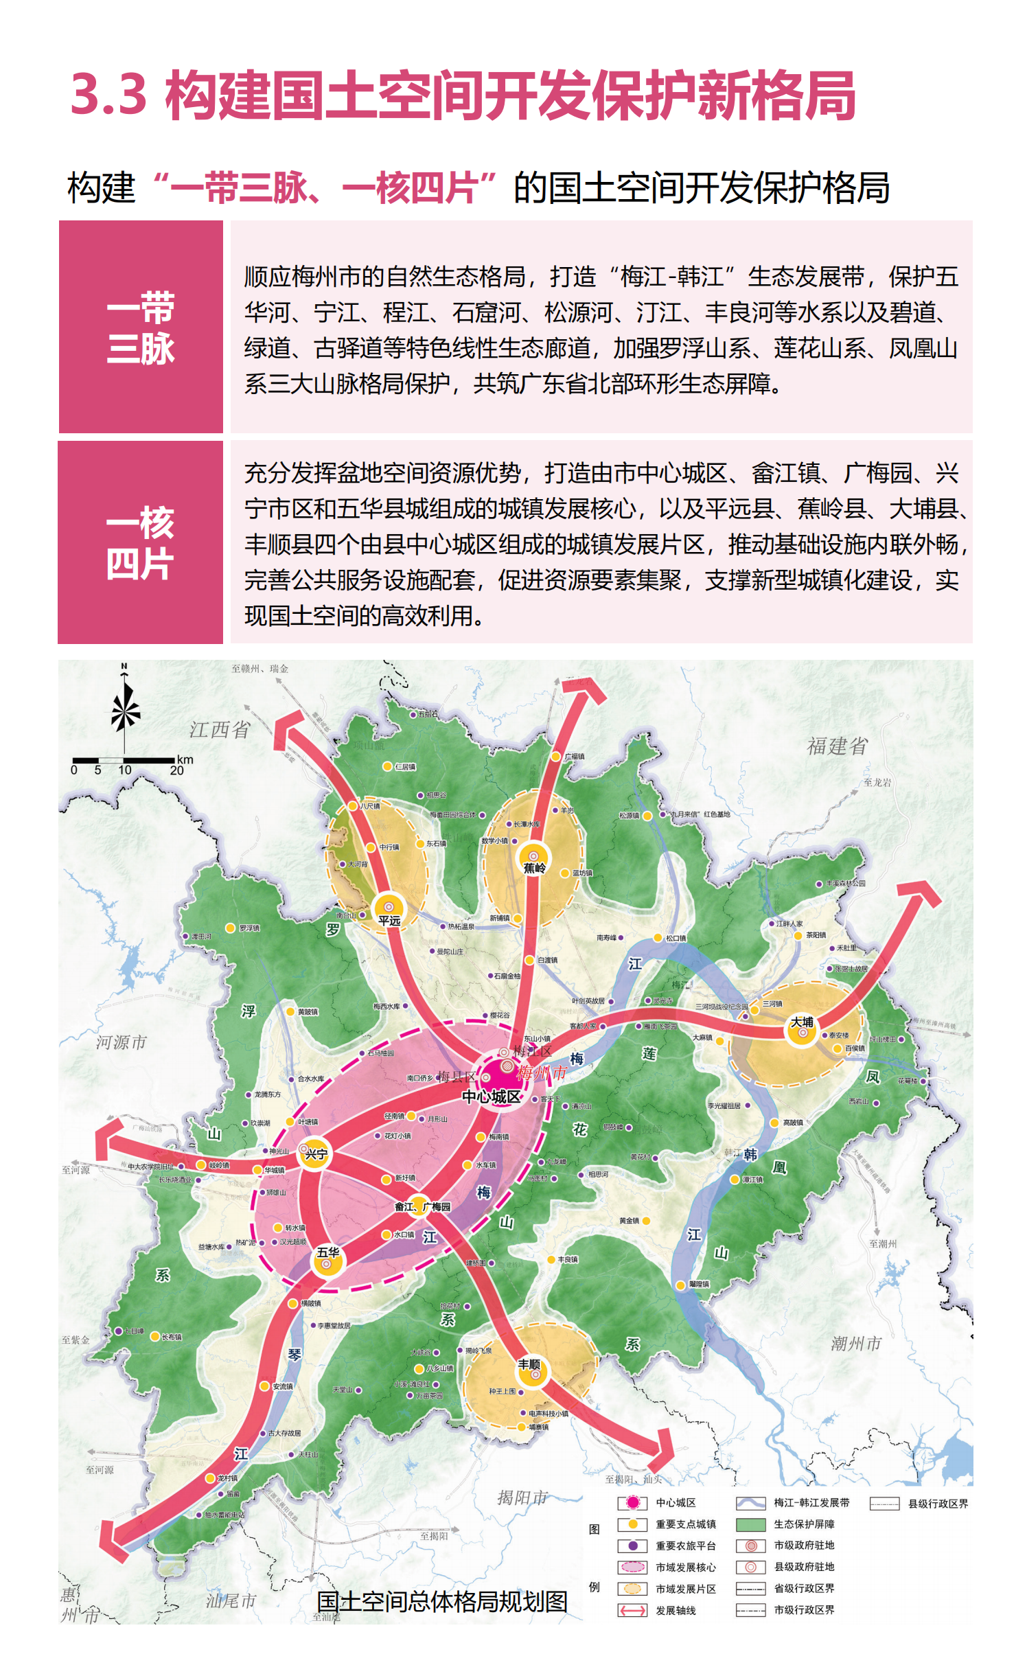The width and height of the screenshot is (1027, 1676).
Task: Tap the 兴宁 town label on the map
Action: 316,1154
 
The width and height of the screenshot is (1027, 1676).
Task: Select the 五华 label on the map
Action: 328,1252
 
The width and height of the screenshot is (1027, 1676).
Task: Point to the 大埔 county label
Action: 801,1022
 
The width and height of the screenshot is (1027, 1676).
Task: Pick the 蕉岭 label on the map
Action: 534,868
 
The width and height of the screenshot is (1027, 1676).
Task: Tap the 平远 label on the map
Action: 389,921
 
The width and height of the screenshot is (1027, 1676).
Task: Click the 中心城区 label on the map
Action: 492,1097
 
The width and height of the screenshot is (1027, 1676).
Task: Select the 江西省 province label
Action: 220,730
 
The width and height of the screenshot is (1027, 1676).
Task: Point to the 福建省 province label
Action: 837,746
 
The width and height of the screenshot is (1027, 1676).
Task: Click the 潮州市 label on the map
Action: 855,1344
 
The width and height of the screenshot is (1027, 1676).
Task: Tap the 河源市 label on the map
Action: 121,1042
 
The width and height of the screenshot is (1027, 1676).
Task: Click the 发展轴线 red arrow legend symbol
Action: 632,1610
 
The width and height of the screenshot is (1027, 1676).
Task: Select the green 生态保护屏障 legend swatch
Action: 750,1524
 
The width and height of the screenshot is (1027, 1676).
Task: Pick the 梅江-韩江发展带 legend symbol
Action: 750,1503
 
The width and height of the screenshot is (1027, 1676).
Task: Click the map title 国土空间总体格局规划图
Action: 442,1602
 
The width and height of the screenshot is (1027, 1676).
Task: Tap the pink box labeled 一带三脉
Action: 141,327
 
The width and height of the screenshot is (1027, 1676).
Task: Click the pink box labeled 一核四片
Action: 141,542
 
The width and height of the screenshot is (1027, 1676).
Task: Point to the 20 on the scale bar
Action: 177,770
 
